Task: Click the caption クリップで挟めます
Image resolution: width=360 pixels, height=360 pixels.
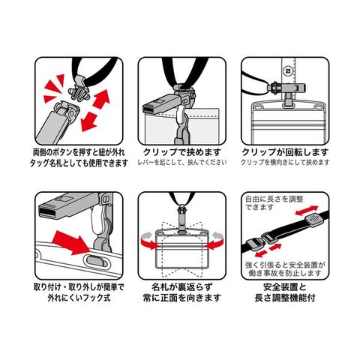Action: click(x=182, y=152)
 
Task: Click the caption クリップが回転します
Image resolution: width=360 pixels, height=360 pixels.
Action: click(x=285, y=152)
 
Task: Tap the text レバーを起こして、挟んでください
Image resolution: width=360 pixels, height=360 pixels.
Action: click(x=182, y=163)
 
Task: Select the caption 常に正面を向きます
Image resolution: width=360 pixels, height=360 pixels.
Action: click(x=182, y=298)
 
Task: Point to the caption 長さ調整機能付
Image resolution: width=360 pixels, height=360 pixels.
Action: click(x=285, y=298)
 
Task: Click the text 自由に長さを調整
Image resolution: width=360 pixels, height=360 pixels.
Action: click(x=274, y=199)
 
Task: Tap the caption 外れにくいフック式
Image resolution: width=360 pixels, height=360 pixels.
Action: click(x=79, y=298)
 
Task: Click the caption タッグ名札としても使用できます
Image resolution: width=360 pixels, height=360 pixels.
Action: click(x=79, y=163)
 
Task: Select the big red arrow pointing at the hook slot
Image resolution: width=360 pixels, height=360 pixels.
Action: click(x=72, y=242)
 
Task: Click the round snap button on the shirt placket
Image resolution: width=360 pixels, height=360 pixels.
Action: click(x=288, y=70)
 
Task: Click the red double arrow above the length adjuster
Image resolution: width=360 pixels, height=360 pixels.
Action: click(x=307, y=210)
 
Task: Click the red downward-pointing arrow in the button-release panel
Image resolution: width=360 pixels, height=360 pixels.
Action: click(x=89, y=122)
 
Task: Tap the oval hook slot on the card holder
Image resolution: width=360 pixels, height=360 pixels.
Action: click(x=97, y=261)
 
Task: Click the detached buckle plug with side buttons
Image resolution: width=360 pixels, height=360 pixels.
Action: click(x=79, y=93)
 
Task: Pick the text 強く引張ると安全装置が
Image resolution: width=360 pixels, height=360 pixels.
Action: click(x=285, y=265)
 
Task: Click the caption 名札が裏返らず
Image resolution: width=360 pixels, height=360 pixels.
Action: click(x=182, y=287)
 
